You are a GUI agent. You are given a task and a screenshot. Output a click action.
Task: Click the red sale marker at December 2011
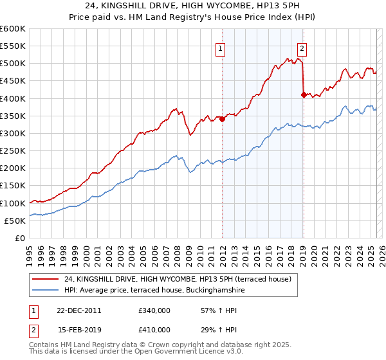[222, 119]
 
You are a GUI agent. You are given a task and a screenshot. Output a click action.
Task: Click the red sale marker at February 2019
[303, 94]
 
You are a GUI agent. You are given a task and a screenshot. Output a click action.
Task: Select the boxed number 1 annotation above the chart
[221, 47]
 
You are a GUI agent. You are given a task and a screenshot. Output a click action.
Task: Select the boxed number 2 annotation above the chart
[302, 47]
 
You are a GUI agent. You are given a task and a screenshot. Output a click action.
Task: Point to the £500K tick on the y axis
[13, 64]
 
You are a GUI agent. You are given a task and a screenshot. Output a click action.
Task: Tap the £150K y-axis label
[13, 186]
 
